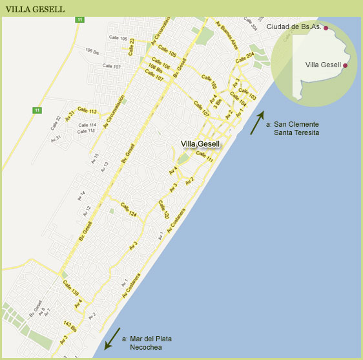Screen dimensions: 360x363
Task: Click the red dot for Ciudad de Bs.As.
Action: tap(326, 28)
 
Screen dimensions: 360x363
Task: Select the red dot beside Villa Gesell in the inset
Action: tap(346, 65)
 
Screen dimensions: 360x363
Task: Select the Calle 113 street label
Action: tap(87, 111)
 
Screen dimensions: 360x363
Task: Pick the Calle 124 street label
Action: tap(128, 213)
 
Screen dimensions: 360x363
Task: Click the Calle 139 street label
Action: tap(70, 285)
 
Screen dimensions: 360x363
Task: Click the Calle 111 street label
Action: tap(205, 156)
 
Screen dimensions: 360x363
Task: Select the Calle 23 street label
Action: tap(132, 47)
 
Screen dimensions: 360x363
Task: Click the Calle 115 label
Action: tap(87, 131)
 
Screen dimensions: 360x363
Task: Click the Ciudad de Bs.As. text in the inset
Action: tap(294, 26)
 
